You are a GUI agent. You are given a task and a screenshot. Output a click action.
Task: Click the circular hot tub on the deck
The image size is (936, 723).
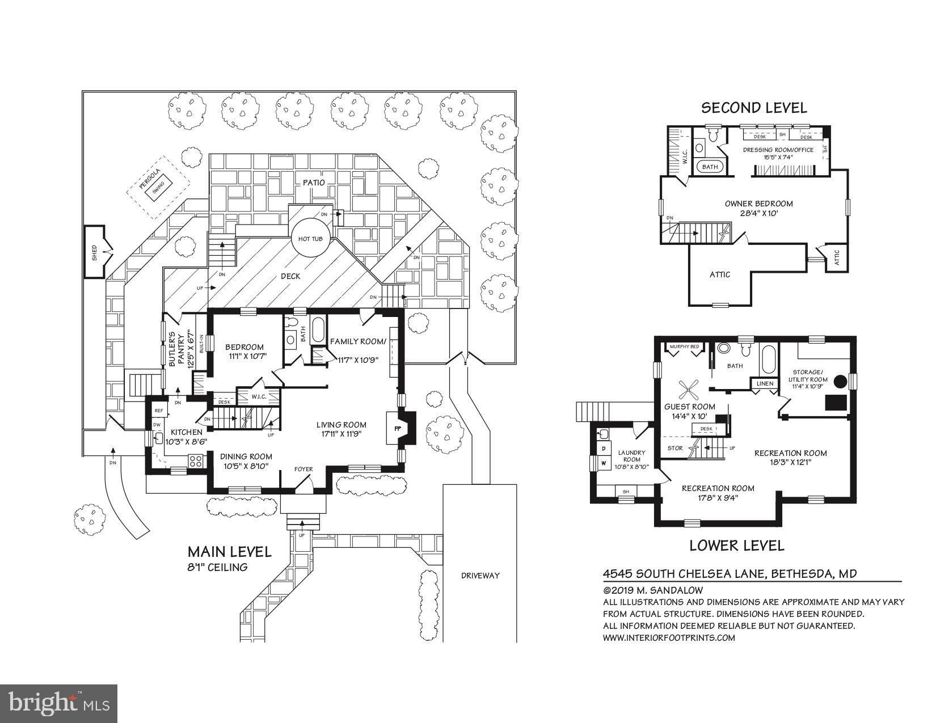tap(310, 239)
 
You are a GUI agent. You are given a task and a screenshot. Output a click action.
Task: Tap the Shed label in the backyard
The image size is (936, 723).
tap(95, 252)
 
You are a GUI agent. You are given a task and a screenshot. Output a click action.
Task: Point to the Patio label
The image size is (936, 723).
tap(313, 183)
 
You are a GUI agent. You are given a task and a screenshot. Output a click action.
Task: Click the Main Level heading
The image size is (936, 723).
tap(230, 552)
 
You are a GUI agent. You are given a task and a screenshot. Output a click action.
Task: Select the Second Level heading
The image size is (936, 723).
tap(754, 108)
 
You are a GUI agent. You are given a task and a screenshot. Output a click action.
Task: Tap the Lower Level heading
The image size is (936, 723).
tap(736, 546)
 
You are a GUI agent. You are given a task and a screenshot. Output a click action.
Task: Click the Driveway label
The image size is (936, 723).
tap(480, 575)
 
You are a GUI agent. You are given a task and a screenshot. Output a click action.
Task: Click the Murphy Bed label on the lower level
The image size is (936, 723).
tap(684, 346)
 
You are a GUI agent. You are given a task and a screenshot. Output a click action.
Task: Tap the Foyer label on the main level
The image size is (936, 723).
tap(303, 470)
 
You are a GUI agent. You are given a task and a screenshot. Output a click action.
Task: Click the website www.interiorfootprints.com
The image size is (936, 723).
tap(668, 637)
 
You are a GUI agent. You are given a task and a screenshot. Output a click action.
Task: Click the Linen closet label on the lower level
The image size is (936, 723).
tap(765, 384)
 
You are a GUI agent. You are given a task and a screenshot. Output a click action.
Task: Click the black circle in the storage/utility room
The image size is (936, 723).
tap(839, 381)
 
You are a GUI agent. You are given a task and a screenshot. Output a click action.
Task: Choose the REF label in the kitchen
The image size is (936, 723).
tap(159, 411)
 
